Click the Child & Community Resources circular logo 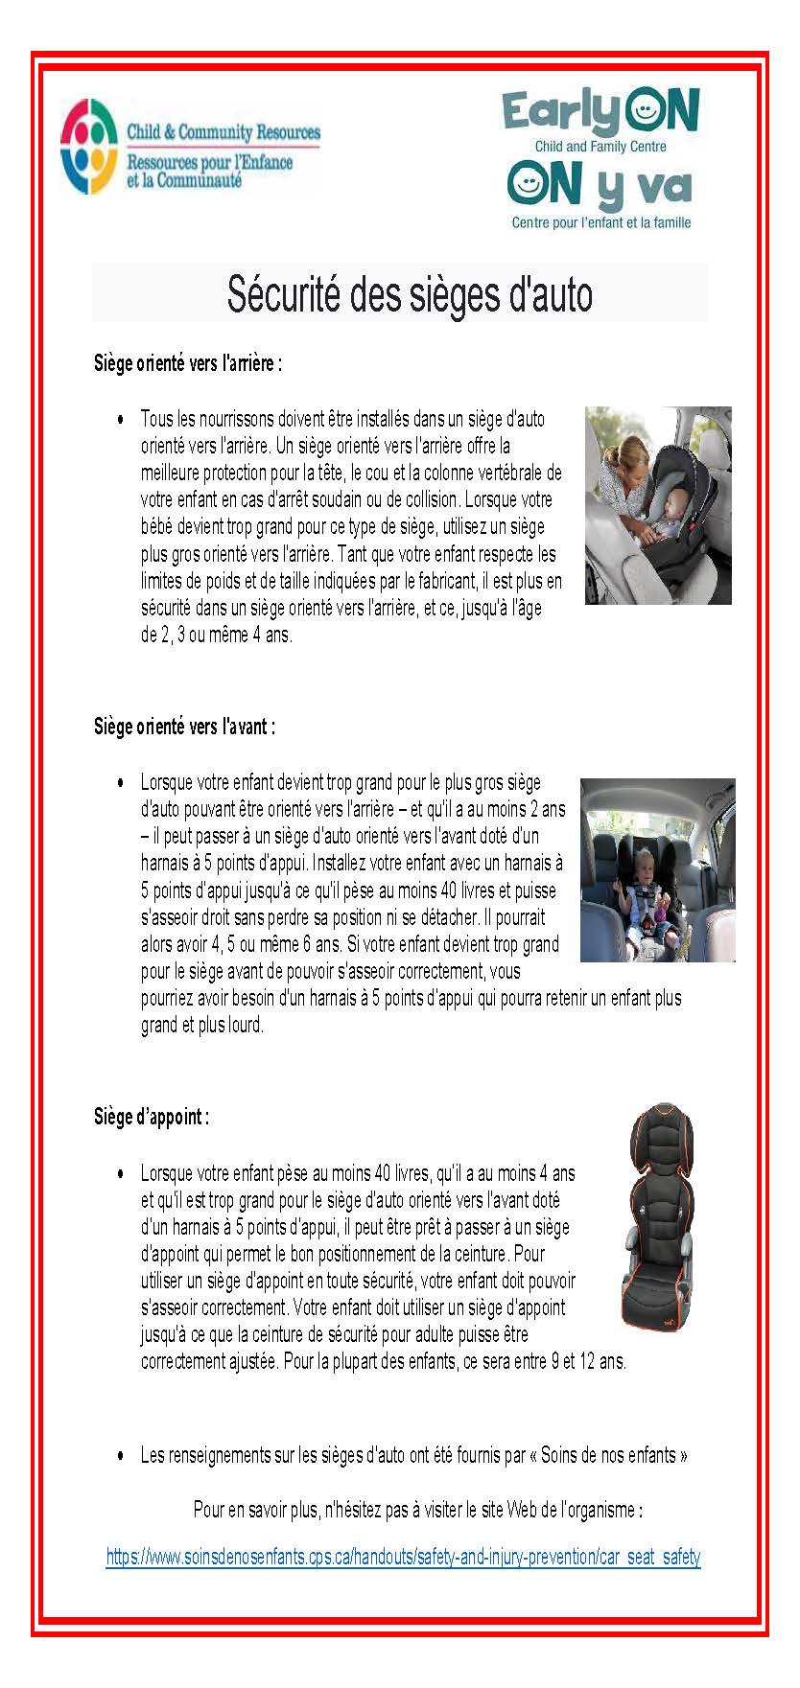click(x=89, y=147)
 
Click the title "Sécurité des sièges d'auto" click(x=410, y=294)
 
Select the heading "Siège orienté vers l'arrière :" click(x=188, y=364)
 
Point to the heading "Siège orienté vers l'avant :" click(x=184, y=727)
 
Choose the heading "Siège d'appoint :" click(x=152, y=1117)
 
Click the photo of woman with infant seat click(x=658, y=505)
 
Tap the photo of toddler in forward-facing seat click(x=657, y=870)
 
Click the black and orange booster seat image click(x=658, y=1217)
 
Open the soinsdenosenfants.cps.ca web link click(x=403, y=1557)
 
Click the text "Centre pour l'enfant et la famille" click(x=601, y=223)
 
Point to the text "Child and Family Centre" click(x=600, y=147)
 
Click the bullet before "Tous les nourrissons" click(x=120, y=420)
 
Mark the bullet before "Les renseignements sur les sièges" click(x=120, y=1455)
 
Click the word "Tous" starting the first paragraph click(x=156, y=420)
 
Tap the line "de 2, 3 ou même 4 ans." click(x=216, y=635)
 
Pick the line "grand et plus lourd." click(x=201, y=1025)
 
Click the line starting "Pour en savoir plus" click(x=418, y=1510)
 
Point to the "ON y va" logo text click(x=600, y=186)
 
